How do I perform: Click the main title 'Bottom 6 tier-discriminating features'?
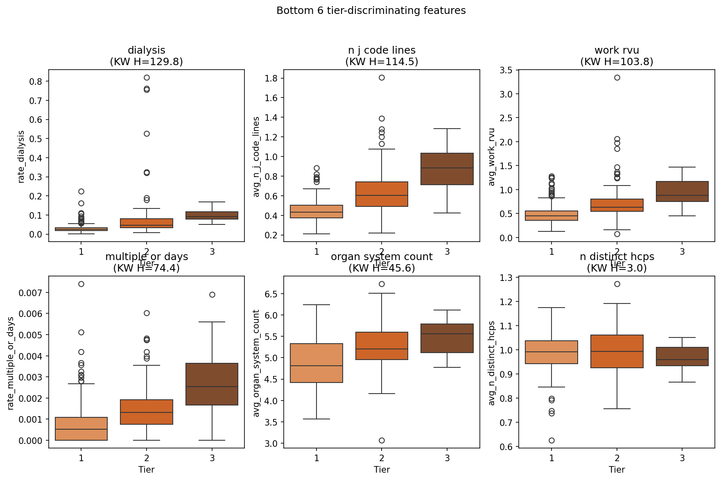click(x=371, y=11)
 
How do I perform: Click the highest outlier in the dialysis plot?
click(x=147, y=77)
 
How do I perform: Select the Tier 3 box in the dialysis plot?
click(x=212, y=215)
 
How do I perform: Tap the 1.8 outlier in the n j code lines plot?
click(x=382, y=77)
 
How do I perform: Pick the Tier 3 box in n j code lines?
click(x=447, y=169)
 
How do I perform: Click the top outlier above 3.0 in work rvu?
click(x=617, y=77)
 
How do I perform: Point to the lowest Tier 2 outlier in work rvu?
click(x=617, y=234)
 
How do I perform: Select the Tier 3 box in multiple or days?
click(x=212, y=384)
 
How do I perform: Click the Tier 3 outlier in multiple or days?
click(x=212, y=294)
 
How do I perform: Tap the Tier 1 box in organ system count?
click(x=316, y=363)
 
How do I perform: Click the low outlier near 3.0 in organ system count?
click(x=382, y=440)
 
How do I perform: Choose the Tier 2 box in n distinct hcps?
click(x=617, y=351)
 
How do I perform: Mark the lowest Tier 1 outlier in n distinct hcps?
click(x=551, y=440)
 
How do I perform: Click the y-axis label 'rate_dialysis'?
click(x=21, y=156)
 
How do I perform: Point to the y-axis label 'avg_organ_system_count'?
click(x=257, y=363)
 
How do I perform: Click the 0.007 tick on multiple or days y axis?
click(x=30, y=293)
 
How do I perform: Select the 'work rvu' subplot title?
click(x=617, y=50)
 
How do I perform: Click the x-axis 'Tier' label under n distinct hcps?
click(x=617, y=469)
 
